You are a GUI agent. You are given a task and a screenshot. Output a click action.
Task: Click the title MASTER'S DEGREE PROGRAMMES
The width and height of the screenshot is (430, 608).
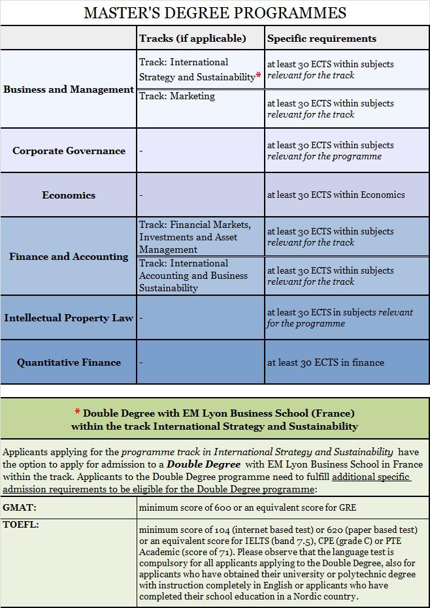pyautogui.click(x=215, y=12)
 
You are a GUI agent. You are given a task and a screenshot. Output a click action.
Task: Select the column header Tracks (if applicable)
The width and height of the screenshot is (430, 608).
pyautogui.click(x=192, y=39)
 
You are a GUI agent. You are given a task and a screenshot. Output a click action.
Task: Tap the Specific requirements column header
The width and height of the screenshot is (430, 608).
pyautogui.click(x=322, y=39)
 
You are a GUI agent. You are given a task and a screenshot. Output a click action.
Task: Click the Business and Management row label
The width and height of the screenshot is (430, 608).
pyautogui.click(x=69, y=89)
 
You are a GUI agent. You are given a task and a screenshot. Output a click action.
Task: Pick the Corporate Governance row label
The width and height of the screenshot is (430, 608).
pyautogui.click(x=69, y=151)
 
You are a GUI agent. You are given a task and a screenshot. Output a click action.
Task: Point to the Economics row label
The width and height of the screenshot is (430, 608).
pyautogui.click(x=69, y=195)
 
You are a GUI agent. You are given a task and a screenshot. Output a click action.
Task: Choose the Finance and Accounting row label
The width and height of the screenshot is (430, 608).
pyautogui.click(x=69, y=257)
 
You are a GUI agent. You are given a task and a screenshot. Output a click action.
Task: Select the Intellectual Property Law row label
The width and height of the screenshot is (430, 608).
pyautogui.click(x=69, y=318)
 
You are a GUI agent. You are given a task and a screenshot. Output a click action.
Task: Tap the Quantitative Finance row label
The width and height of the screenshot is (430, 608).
pyautogui.click(x=69, y=362)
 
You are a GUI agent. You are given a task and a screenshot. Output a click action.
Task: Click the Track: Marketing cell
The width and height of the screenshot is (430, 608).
pyautogui.click(x=177, y=96)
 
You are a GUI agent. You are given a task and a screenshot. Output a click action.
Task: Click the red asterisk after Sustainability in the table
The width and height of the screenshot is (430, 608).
pyautogui.click(x=259, y=76)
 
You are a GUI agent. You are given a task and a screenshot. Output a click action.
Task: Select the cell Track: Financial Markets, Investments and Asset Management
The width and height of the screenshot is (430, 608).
pyautogui.click(x=195, y=237)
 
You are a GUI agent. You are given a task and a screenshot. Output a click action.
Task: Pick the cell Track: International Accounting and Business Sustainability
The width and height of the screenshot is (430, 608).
pyautogui.click(x=193, y=276)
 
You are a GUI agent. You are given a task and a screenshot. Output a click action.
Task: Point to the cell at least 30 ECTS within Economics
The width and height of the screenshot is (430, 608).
pyautogui.click(x=336, y=195)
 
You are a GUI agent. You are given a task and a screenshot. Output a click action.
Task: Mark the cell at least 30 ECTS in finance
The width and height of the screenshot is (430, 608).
pyautogui.click(x=325, y=362)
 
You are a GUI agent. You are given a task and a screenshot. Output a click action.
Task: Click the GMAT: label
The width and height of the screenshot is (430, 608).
pyautogui.click(x=20, y=507)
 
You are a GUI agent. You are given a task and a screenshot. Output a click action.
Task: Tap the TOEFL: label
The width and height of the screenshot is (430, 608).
pyautogui.click(x=21, y=524)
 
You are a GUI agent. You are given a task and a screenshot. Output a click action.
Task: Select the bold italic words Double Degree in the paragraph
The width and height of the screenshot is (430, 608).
pyautogui.click(x=203, y=464)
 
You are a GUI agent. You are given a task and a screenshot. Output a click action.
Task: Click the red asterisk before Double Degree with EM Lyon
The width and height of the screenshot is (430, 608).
pyautogui.click(x=77, y=413)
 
